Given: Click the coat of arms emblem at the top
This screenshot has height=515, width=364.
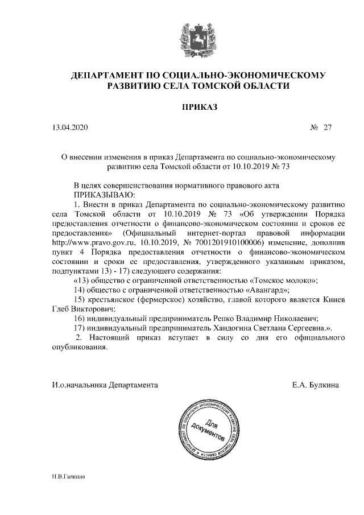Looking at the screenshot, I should click(198, 38).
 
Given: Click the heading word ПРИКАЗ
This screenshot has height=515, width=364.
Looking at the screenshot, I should click(199, 106).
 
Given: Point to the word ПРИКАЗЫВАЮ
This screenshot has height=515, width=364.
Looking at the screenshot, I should click(102, 194).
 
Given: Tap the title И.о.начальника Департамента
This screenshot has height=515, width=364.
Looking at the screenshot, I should click(105, 385).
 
